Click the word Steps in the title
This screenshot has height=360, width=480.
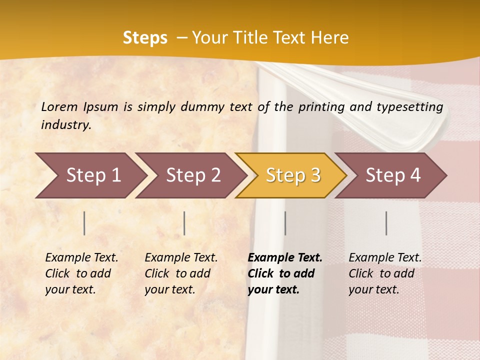(145, 38)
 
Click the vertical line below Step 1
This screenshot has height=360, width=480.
(84, 223)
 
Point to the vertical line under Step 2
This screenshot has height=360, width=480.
(184, 223)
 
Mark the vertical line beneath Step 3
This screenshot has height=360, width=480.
(285, 223)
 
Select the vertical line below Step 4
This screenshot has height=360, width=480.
(386, 223)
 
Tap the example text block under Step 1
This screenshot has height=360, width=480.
(81, 273)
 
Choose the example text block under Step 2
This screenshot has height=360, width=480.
(181, 273)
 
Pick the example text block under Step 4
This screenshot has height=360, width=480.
(385, 273)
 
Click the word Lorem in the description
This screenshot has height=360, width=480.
(59, 106)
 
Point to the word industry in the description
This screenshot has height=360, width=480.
(66, 124)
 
